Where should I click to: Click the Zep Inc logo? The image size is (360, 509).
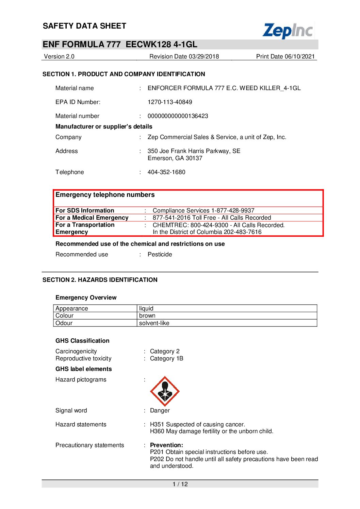(x=288, y=31)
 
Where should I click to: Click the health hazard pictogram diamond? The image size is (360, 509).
(x=165, y=391)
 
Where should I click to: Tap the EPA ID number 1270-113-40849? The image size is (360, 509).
(x=170, y=102)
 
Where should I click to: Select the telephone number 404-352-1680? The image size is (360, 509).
(x=166, y=172)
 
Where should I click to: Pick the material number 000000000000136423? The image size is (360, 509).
(x=178, y=116)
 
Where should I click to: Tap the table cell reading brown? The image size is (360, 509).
(x=147, y=316)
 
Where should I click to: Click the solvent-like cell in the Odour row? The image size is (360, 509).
(x=154, y=323)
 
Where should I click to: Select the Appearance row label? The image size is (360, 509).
(x=72, y=308)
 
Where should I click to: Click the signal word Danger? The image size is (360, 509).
(x=160, y=410)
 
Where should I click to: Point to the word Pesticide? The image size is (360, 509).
(x=160, y=254)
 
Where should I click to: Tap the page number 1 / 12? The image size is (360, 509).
(x=180, y=484)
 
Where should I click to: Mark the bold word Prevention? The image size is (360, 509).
(x=166, y=445)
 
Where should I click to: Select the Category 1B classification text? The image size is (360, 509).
(x=167, y=358)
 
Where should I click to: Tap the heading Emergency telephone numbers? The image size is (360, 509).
(x=105, y=195)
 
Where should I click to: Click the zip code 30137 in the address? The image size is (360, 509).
(x=194, y=158)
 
